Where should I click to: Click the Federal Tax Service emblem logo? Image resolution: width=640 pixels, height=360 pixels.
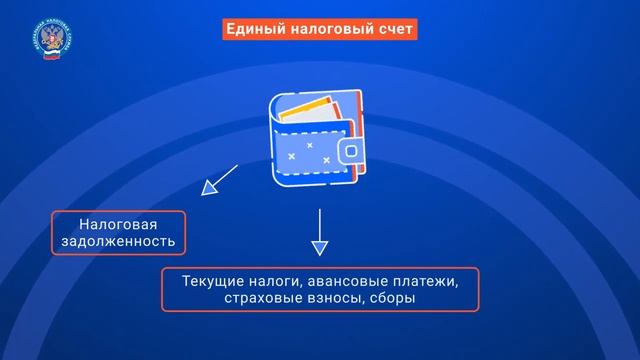(x=47, y=41)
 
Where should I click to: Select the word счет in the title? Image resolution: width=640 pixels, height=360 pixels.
(x=391, y=30)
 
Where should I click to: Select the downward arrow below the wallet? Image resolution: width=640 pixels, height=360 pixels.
(x=319, y=233)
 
